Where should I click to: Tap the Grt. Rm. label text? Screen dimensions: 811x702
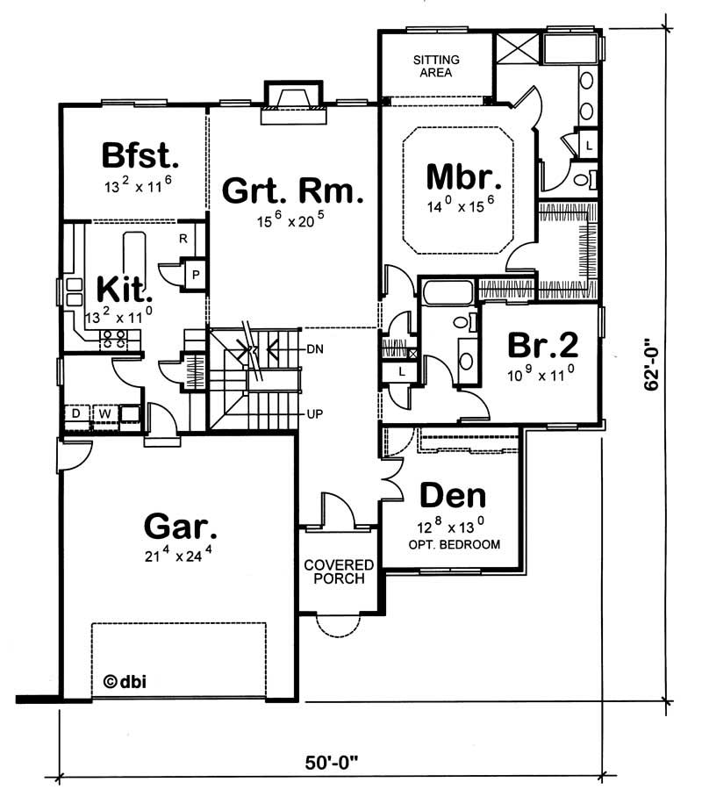[x=292, y=190]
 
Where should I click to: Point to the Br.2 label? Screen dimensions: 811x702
[x=543, y=345]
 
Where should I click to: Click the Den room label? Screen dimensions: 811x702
[x=453, y=496]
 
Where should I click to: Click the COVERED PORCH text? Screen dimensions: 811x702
[x=339, y=571]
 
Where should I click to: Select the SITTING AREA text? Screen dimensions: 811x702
[x=435, y=66]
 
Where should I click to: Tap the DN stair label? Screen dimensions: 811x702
[x=316, y=349]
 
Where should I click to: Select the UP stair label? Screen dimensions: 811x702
[x=315, y=413]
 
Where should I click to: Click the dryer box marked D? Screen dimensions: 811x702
[x=76, y=413]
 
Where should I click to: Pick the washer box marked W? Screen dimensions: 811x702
[x=103, y=413]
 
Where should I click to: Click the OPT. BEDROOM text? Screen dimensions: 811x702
[x=454, y=544]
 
